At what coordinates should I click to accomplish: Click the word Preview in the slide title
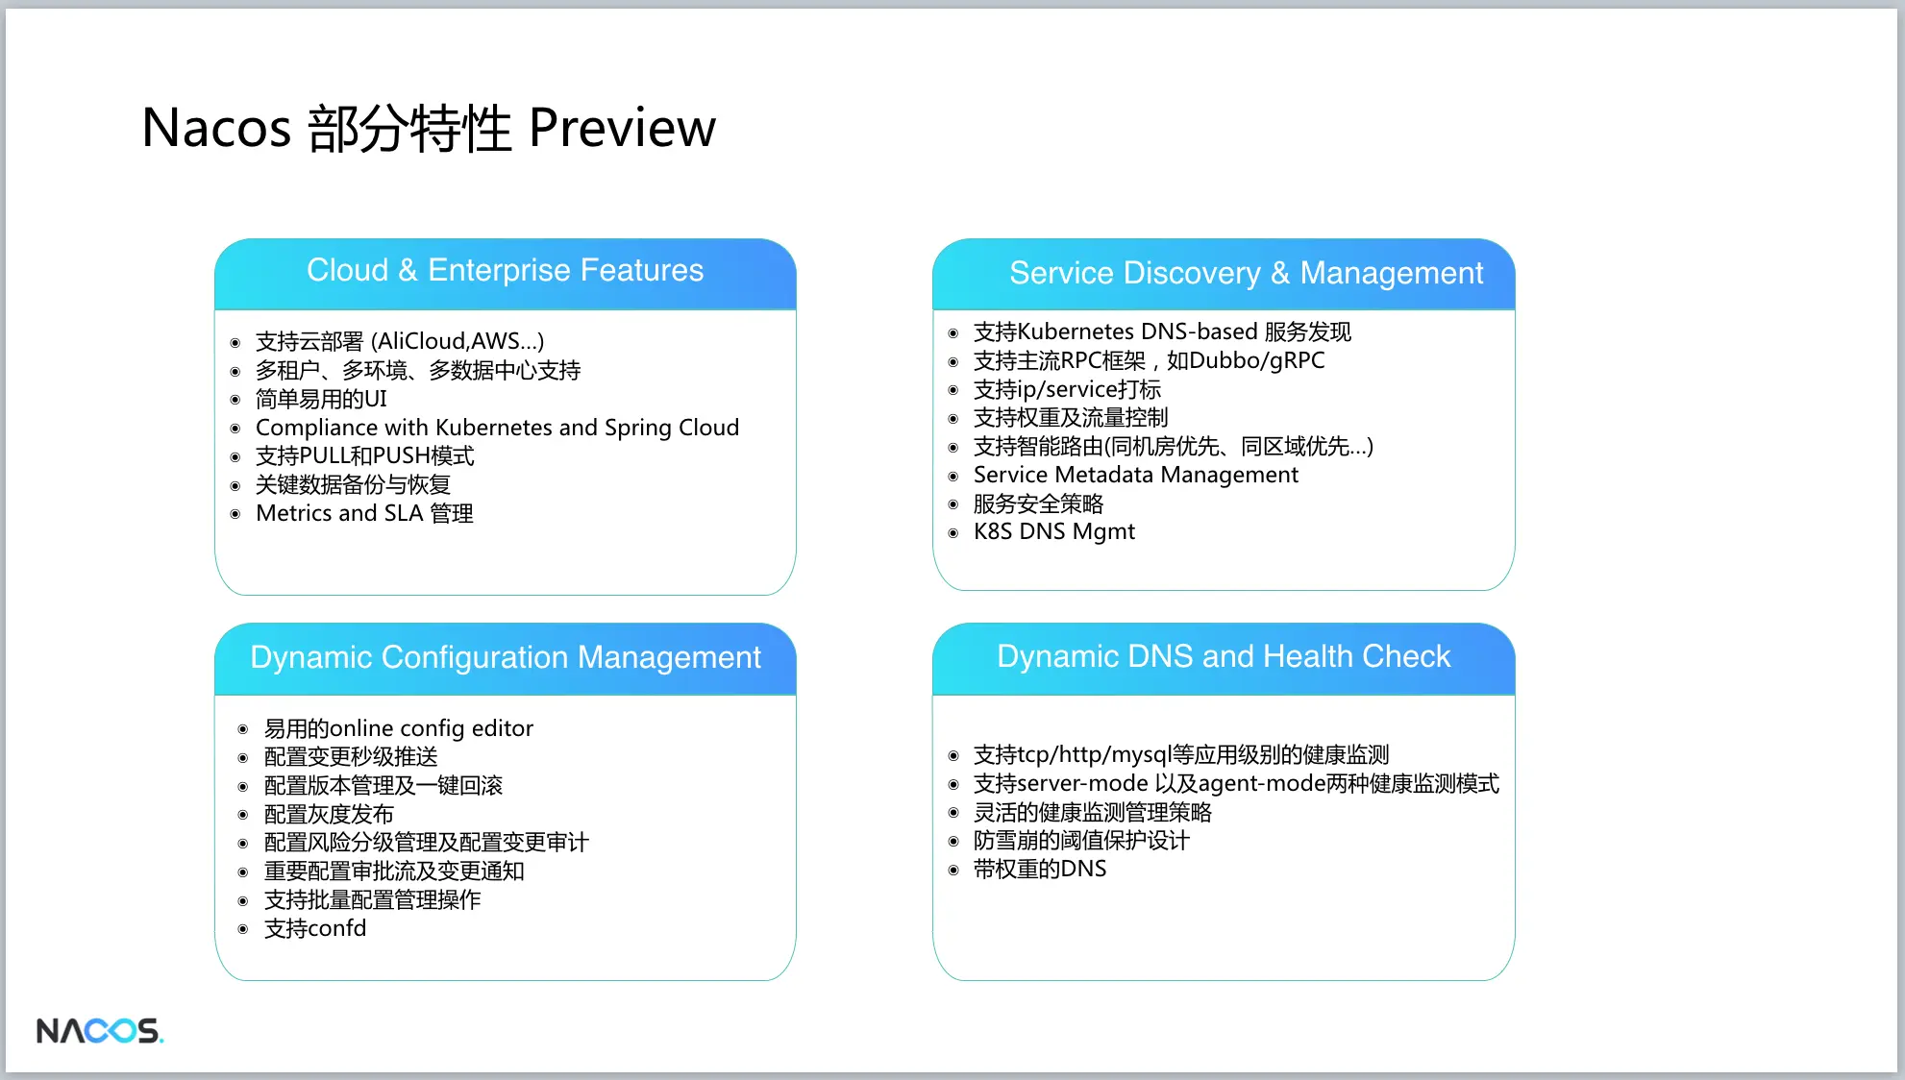pyautogui.click(x=622, y=128)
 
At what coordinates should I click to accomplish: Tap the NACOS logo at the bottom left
pyautogui.click(x=100, y=1031)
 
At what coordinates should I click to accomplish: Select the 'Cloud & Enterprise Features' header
pyautogui.click(x=505, y=270)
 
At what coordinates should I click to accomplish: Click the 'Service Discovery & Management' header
pyautogui.click(x=1246, y=274)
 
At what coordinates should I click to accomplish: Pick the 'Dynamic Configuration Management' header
pyautogui.click(x=506, y=657)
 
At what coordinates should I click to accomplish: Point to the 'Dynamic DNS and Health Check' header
pyautogui.click(x=1224, y=656)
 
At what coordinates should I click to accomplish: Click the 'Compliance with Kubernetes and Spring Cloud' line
pyautogui.click(x=497, y=428)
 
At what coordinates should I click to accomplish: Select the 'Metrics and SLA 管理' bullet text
pyautogui.click(x=364, y=513)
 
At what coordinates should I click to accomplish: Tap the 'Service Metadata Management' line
pyautogui.click(x=1135, y=475)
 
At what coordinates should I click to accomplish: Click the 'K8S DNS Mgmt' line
pyautogui.click(x=1054, y=531)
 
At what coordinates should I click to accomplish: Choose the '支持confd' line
pyautogui.click(x=315, y=928)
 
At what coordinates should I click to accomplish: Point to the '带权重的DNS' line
pyautogui.click(x=1040, y=869)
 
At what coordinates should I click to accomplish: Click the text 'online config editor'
pyautogui.click(x=432, y=728)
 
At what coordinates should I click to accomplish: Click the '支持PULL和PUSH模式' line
pyautogui.click(x=365, y=455)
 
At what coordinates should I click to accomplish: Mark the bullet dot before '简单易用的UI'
pyautogui.click(x=235, y=400)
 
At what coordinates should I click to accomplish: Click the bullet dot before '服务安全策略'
pyautogui.click(x=953, y=504)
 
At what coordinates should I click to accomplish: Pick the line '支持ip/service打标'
pyautogui.click(x=1067, y=389)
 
